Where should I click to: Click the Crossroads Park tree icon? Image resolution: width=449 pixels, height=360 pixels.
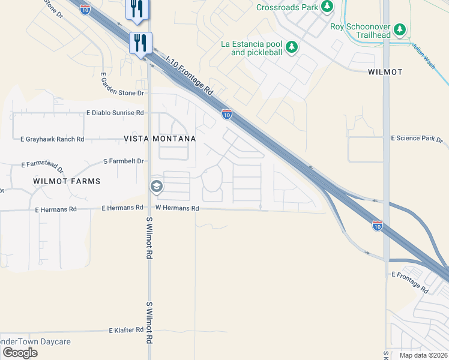click(327, 7)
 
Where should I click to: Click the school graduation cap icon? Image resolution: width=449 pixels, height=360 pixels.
click(156, 187)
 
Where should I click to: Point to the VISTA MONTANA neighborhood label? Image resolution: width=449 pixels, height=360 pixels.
click(160, 139)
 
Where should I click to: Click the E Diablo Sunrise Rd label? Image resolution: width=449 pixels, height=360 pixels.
click(115, 113)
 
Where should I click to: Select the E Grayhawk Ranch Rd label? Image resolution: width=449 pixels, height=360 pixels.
click(52, 139)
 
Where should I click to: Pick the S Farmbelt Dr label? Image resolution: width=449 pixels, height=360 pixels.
click(124, 161)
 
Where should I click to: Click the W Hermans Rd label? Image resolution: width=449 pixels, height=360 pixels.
click(176, 208)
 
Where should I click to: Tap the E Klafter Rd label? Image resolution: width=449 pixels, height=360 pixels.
click(126, 330)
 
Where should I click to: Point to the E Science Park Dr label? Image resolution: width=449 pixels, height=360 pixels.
click(417, 139)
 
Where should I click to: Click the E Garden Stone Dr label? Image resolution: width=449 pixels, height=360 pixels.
click(122, 85)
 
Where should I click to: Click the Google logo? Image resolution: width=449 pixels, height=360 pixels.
click(20, 353)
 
